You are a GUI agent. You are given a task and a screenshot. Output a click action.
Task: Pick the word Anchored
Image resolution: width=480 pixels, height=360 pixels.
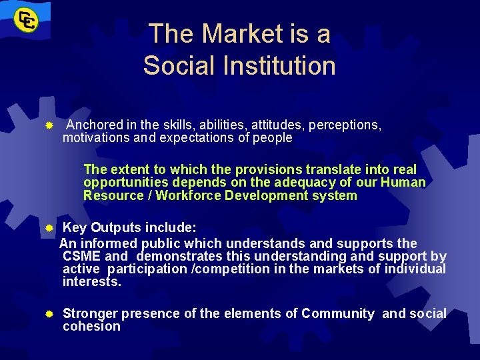(95, 125)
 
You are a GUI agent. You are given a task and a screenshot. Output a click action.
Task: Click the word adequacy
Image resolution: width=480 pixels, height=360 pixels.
(287, 183)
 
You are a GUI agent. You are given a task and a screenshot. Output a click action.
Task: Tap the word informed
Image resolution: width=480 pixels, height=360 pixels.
(108, 243)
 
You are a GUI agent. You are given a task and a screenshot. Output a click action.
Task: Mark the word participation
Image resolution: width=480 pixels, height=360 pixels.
(147, 269)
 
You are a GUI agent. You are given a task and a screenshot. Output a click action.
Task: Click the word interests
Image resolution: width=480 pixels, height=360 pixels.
(91, 282)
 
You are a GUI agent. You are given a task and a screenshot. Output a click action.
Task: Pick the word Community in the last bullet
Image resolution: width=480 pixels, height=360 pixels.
(337, 313)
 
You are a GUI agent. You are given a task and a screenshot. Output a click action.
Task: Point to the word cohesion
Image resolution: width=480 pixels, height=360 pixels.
(91, 327)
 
